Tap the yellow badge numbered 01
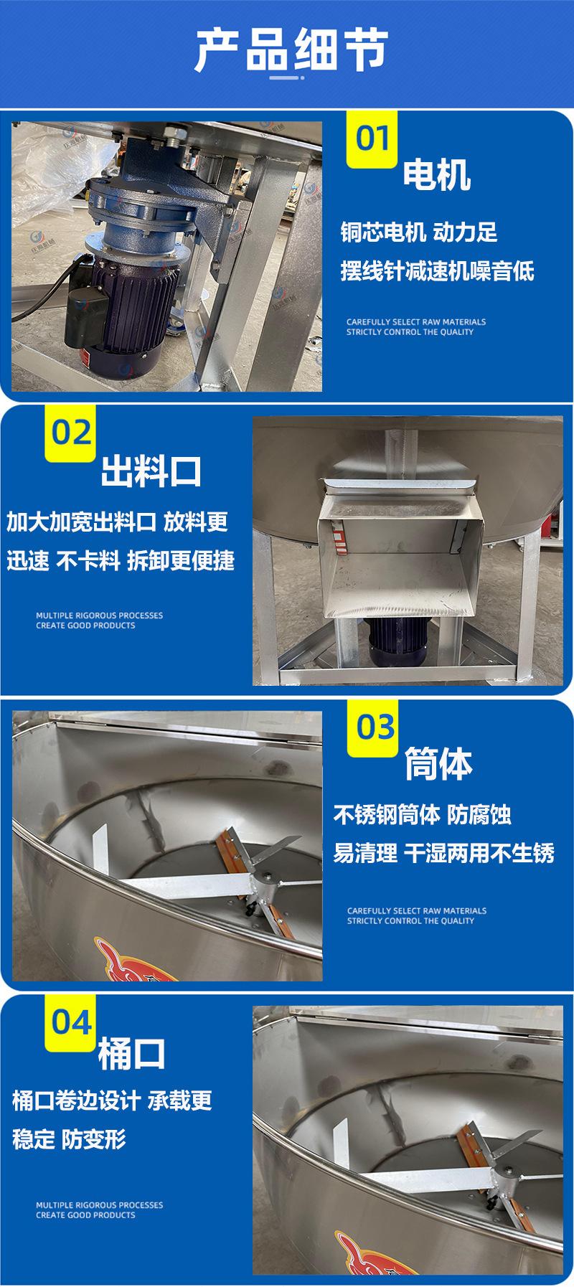[372, 138]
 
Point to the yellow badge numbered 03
[372, 728]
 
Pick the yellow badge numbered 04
[72, 1023]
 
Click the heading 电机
[436, 174]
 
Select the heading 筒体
[438, 764]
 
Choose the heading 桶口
[131, 1054]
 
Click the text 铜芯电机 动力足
[418, 232]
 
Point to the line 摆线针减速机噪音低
[437, 271]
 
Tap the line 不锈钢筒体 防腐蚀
[422, 815]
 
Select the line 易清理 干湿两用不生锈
[443, 854]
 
